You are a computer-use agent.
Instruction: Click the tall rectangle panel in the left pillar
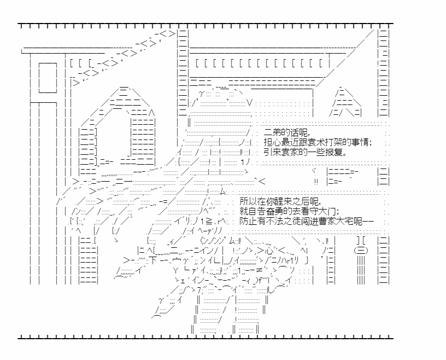pos(48,79)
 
